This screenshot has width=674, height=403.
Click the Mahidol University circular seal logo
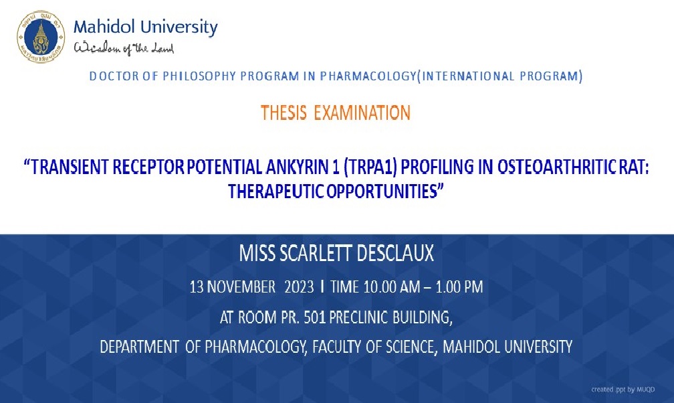41,37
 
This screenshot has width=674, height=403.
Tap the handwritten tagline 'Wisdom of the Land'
124,48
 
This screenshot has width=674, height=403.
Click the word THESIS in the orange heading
284,113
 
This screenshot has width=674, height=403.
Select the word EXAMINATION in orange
362,113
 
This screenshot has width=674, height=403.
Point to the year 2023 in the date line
299,287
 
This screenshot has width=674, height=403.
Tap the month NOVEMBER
241,287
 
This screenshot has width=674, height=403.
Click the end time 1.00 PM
459,287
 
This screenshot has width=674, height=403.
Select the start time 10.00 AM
386,287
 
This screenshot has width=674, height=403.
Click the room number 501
314,317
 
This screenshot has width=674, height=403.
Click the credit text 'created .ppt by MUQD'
623,390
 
